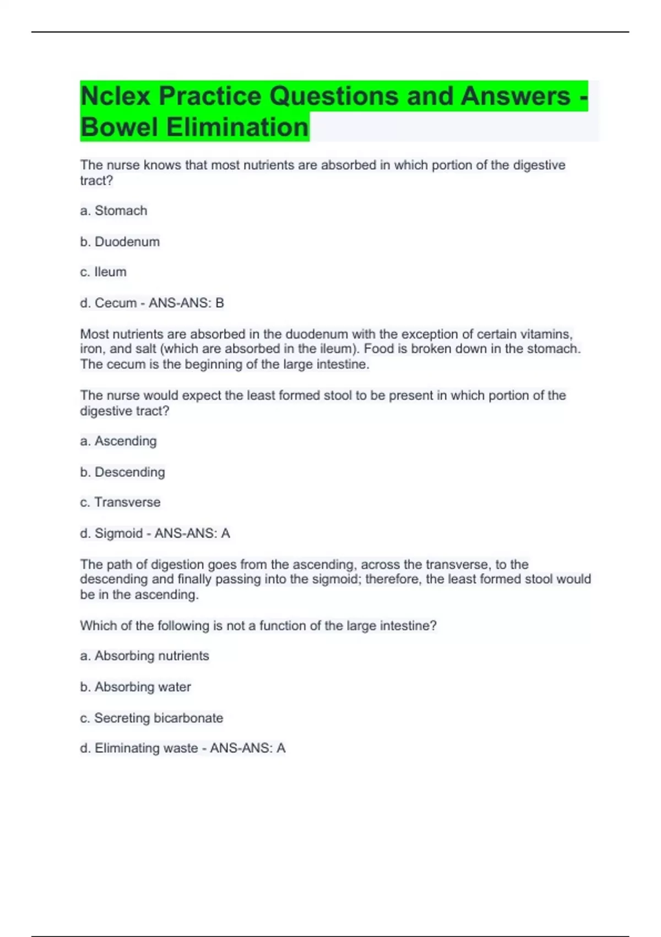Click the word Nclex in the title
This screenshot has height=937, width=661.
click(x=116, y=96)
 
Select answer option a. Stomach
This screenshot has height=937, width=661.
click(x=113, y=211)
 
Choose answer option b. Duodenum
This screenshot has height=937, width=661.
click(x=120, y=241)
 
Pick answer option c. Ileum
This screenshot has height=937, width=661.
click(x=103, y=272)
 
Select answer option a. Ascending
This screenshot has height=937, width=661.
click(x=118, y=441)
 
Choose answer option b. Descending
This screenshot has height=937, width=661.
click(x=122, y=472)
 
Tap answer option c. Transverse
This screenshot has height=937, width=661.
click(x=120, y=502)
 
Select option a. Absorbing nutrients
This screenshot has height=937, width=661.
click(x=144, y=655)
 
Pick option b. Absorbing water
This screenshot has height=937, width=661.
click(x=136, y=687)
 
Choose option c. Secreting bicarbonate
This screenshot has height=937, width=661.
click(x=151, y=718)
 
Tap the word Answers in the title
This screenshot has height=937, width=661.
click(x=515, y=96)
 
